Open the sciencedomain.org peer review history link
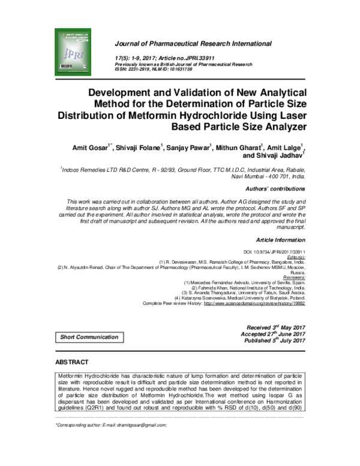click(255, 304)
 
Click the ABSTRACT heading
click(71, 363)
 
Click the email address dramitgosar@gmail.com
click(133, 425)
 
